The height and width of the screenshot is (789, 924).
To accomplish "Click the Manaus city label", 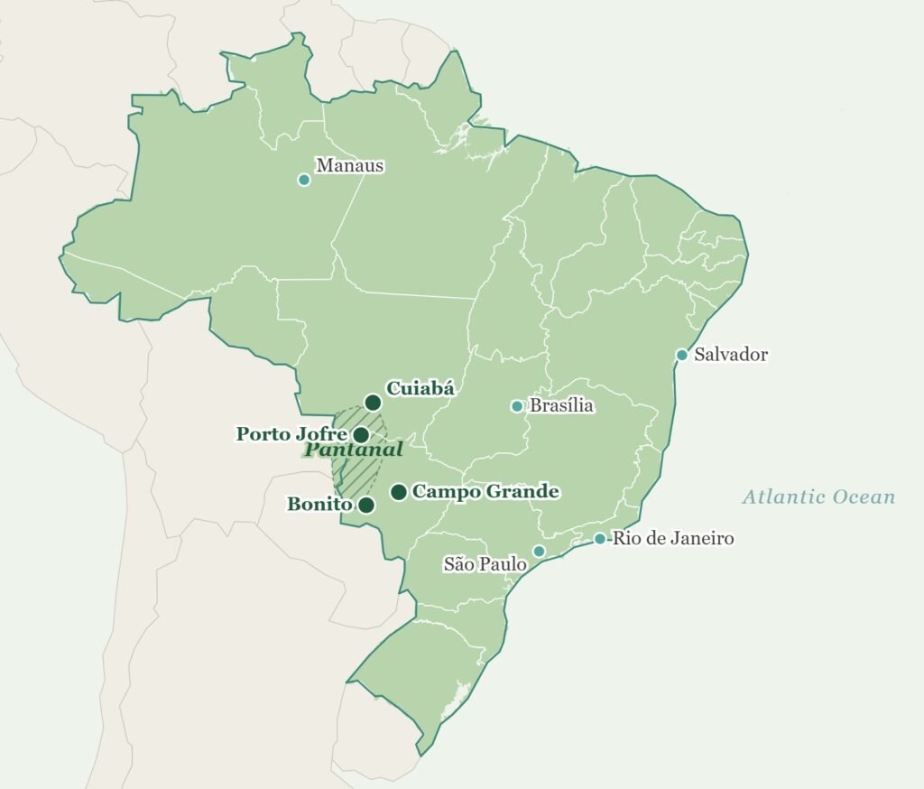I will (349, 166).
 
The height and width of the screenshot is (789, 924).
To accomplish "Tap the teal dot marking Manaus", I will (304, 180).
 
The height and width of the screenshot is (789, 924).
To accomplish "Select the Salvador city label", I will (730, 355).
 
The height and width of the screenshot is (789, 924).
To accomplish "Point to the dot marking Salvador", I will (682, 355).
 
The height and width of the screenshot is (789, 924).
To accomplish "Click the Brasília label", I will (561, 406).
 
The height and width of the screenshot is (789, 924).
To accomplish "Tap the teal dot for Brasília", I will (517, 406).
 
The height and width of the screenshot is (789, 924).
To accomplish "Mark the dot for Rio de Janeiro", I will (599, 539).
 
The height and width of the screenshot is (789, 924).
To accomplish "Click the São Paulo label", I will (485, 565).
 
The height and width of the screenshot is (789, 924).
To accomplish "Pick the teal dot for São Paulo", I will (539, 552).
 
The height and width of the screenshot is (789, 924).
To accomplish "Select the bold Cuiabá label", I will (420, 389).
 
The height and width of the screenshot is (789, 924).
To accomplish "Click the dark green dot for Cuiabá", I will (373, 403).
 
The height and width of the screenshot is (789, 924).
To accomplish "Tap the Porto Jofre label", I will (291, 434).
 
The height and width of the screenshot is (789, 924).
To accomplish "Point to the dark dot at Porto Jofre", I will (361, 435).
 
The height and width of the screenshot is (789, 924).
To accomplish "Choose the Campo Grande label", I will (485, 492).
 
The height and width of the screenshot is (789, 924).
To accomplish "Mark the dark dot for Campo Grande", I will (398, 492).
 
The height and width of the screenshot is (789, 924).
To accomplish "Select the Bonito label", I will (319, 505).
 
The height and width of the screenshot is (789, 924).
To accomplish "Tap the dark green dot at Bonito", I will (366, 506).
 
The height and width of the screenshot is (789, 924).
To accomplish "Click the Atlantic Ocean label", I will (818, 497).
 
